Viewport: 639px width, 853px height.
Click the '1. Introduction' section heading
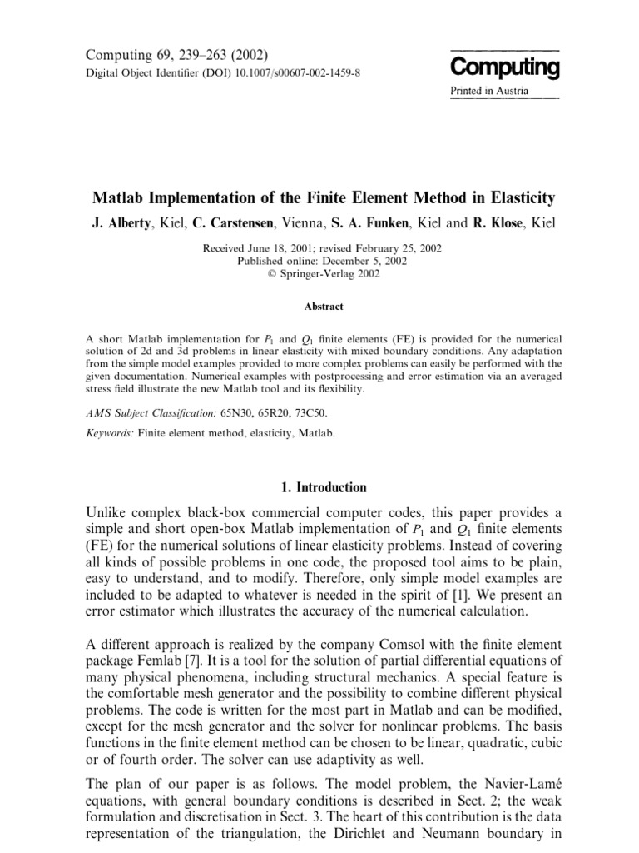pyautogui.click(x=319, y=487)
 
